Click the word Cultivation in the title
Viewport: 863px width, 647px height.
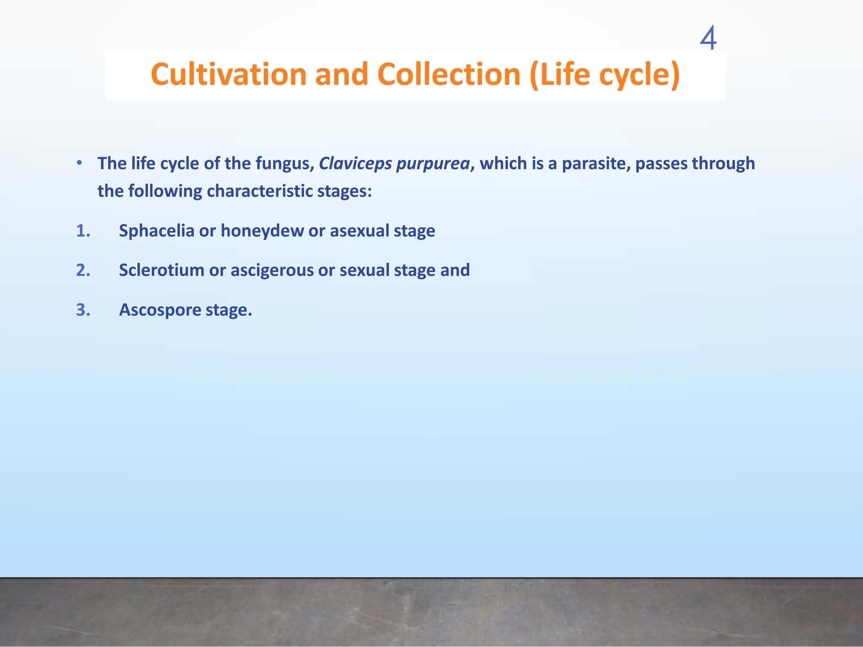pos(229,75)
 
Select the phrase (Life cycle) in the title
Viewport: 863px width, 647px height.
pos(604,75)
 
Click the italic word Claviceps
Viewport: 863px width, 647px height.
pos(355,163)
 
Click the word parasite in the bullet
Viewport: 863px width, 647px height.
pos(596,163)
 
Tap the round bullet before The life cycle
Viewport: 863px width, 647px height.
pos(79,163)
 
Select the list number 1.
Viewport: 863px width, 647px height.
pos(83,231)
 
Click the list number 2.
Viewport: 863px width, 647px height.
pos(83,270)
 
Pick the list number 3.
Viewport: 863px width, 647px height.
pos(83,310)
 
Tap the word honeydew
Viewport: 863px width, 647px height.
pos(262,231)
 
